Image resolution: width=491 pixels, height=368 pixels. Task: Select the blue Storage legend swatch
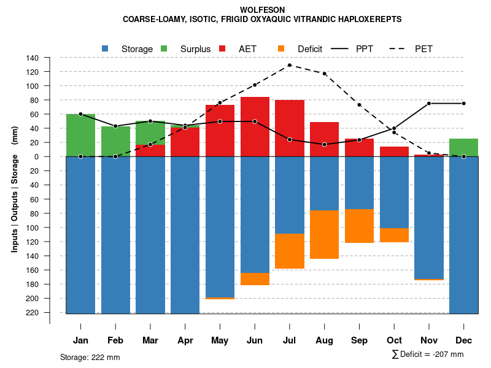[x=106, y=48]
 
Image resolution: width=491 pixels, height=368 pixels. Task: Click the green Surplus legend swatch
[x=164, y=48]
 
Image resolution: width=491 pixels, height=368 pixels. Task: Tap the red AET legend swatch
[x=222, y=48]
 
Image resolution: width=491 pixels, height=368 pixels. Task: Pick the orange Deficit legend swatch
[x=281, y=48]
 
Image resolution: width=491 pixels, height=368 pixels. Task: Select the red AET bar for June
[x=255, y=126]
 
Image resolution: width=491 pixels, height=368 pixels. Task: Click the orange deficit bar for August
[x=325, y=234]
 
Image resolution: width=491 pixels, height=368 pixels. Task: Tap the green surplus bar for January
[x=80, y=135]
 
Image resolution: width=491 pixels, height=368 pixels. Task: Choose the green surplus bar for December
[x=464, y=147]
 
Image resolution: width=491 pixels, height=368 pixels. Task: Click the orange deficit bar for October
[x=395, y=235]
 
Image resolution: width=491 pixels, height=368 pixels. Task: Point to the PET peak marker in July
[x=290, y=65]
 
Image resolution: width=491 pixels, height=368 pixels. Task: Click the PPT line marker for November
[x=429, y=104]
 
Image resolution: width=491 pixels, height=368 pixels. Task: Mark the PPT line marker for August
[x=325, y=145]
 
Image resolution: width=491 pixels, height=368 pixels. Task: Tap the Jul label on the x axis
[x=290, y=340]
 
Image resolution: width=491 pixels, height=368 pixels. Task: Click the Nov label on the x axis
[x=429, y=340]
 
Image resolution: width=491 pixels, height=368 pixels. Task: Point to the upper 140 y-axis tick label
[x=33, y=58]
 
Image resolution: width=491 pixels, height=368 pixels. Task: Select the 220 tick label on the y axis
[x=33, y=313]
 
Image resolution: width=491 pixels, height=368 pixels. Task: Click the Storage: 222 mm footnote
[x=90, y=357]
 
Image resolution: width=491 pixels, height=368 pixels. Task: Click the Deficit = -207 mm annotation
[x=428, y=355]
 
